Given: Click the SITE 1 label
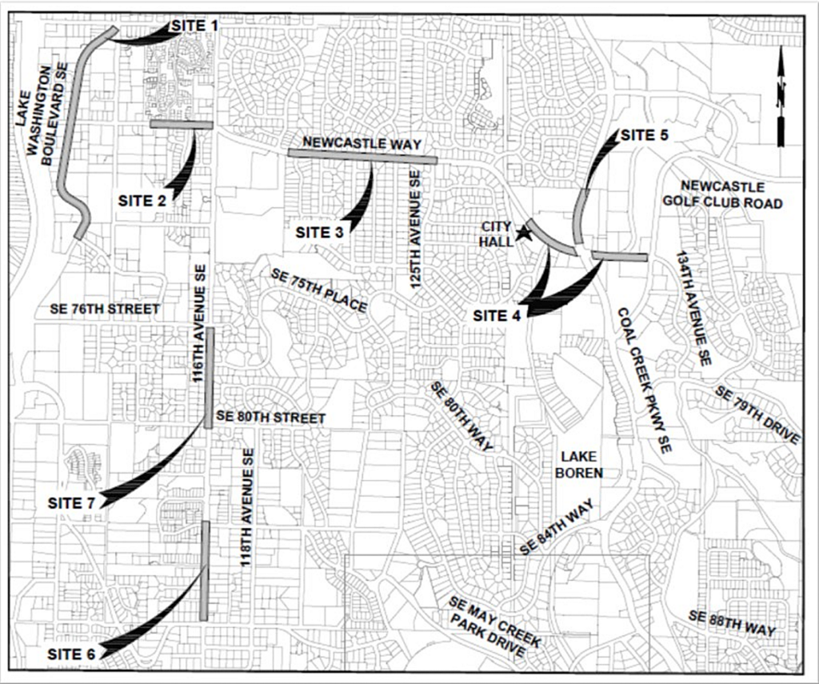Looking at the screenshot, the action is click(x=195, y=25).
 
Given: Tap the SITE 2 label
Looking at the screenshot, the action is click(x=142, y=201).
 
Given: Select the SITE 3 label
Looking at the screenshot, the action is click(x=320, y=233).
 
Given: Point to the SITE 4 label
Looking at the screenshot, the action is click(x=497, y=316).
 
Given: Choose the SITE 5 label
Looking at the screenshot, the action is click(x=645, y=135).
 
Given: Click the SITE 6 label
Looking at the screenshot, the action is click(x=71, y=654).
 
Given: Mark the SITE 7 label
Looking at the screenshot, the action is click(x=71, y=503).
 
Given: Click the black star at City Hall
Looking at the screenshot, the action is click(x=523, y=234).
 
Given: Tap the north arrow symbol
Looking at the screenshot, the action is click(x=781, y=97).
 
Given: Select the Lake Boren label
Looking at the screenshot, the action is click(x=579, y=465).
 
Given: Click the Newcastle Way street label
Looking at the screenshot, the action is click(x=362, y=143).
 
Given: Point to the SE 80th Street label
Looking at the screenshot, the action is click(x=271, y=418).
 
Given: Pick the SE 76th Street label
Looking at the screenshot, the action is click(x=105, y=309).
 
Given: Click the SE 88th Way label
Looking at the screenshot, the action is click(x=732, y=623).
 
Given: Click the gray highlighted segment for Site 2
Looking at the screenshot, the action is click(x=182, y=124).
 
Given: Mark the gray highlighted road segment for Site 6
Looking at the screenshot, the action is click(x=205, y=570).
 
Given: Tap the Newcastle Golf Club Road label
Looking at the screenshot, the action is click(x=722, y=194).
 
